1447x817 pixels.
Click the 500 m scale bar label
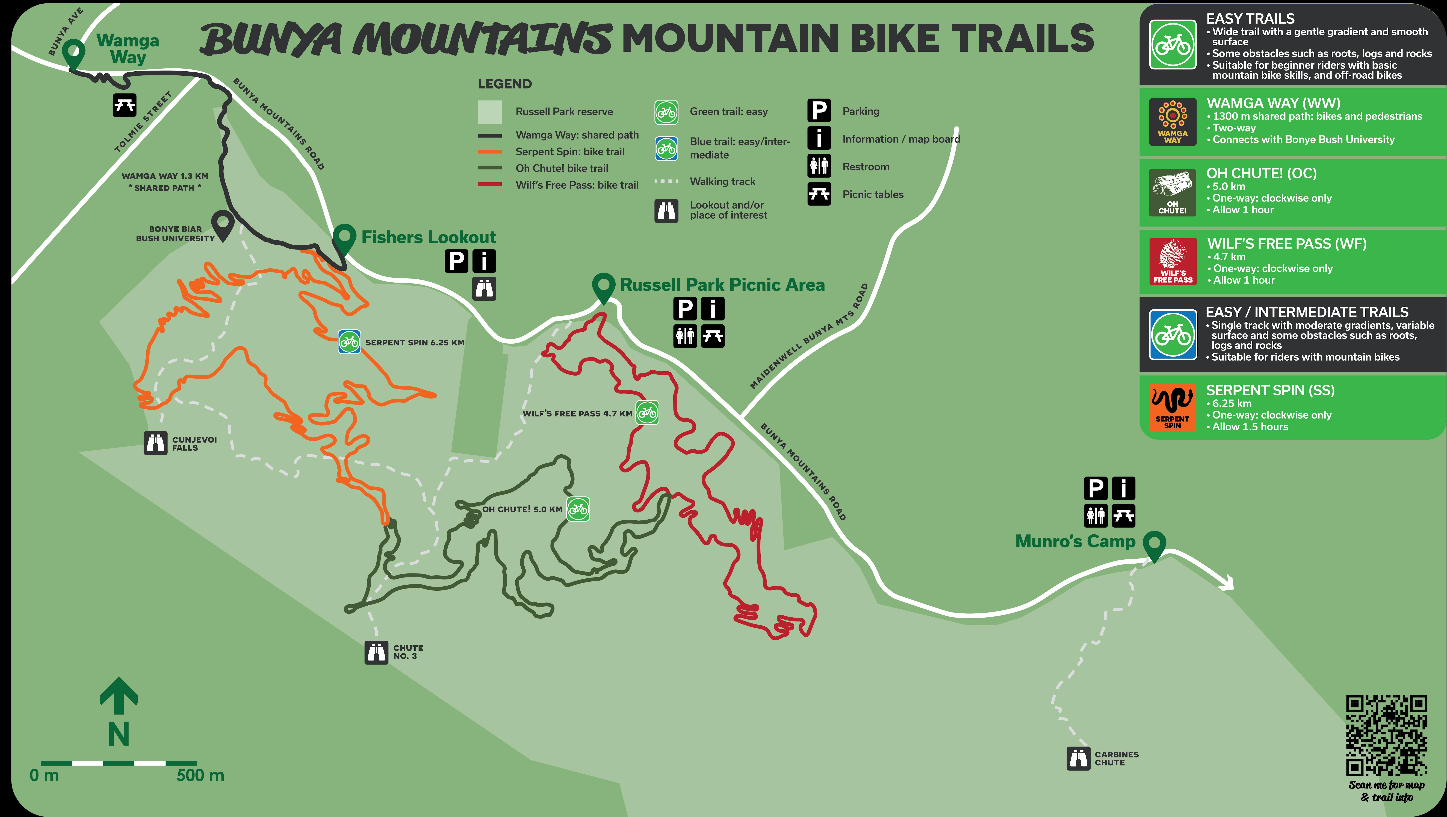tap(200, 775)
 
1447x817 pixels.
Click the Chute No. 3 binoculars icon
tap(376, 652)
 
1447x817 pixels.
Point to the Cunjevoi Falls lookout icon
tap(156, 443)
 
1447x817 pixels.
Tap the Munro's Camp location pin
tap(1154, 545)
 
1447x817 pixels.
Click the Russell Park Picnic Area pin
tap(604, 287)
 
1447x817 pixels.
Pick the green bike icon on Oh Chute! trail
tap(578, 509)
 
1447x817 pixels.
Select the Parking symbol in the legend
tap(819, 111)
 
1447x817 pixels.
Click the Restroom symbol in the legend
tap(819, 166)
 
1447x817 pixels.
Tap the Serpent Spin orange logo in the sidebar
tap(1172, 407)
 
